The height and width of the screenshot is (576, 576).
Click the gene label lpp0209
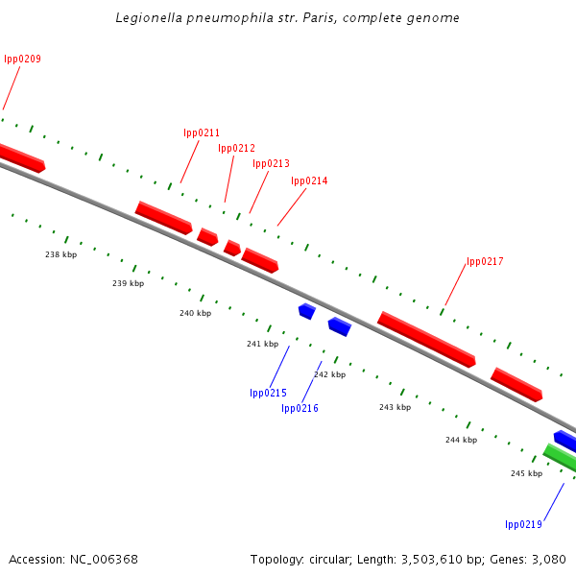coord(22,60)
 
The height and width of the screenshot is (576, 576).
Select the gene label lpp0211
coord(202,132)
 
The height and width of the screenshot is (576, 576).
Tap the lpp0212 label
coord(236,148)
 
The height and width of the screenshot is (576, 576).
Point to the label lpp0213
coord(271,163)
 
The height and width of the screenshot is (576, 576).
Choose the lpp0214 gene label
coord(309,180)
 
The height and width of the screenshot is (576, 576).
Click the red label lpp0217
coord(485,261)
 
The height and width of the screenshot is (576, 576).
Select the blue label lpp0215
coord(268,393)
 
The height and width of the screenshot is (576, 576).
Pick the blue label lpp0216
coord(300,408)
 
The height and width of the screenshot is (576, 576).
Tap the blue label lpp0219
coord(523,524)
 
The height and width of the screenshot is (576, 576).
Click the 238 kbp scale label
coord(60,254)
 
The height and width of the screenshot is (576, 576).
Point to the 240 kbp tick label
coord(195,314)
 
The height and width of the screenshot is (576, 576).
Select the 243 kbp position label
coord(395,407)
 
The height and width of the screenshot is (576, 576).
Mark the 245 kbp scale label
coord(526,473)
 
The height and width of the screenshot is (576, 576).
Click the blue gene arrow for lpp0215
coord(307,310)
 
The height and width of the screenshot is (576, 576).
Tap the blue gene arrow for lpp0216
coord(339,326)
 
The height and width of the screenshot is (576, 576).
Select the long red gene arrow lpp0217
coord(426,339)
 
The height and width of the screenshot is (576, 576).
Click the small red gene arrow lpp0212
coord(232,248)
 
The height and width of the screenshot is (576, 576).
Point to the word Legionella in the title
coord(145,17)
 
